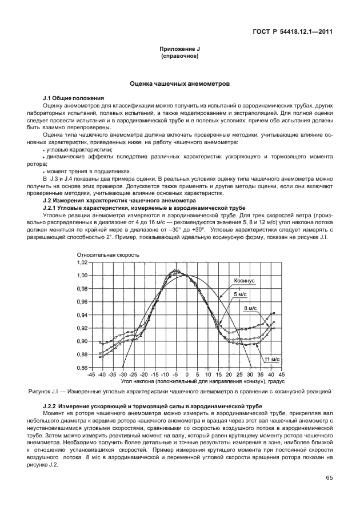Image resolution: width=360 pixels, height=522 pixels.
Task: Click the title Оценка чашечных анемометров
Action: [x=179, y=83]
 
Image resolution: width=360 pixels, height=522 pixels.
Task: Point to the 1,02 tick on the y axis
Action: [x=81, y=262]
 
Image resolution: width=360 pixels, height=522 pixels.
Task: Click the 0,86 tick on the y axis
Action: [x=81, y=368]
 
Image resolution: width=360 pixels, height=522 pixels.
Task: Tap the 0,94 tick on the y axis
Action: [x=81, y=315]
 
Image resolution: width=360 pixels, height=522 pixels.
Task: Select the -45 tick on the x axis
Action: [x=91, y=374]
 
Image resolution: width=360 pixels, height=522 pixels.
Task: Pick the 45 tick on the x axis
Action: [x=282, y=374]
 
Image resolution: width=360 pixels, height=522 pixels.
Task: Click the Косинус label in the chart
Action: [x=244, y=281]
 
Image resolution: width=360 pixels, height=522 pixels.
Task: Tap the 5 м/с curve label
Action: [x=240, y=294]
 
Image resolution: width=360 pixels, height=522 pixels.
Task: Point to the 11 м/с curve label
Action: [x=271, y=358]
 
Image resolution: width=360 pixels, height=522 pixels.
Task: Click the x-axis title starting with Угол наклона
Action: [x=186, y=381]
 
